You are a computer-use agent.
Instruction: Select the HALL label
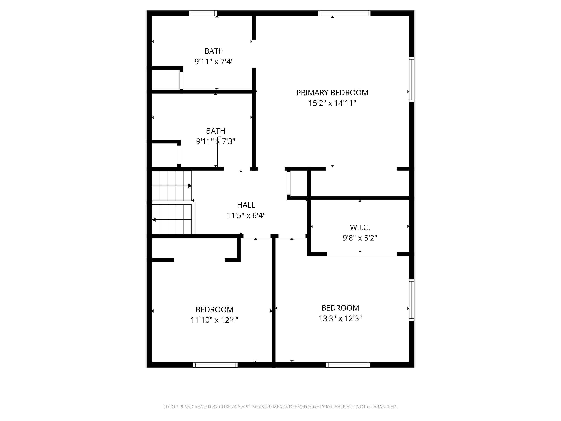click(246, 205)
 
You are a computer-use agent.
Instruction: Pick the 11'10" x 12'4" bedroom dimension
click(214, 320)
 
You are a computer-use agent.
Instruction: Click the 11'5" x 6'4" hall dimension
click(246, 215)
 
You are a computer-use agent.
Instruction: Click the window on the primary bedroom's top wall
click(344, 13)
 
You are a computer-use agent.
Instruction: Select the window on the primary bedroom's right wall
click(412, 80)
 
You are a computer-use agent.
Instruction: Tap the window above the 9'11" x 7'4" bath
click(203, 13)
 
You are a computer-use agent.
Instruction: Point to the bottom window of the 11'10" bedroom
click(215, 365)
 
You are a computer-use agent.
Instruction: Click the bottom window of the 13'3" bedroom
click(348, 365)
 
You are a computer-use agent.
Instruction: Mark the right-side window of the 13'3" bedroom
click(412, 300)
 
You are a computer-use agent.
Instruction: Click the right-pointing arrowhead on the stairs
click(190, 186)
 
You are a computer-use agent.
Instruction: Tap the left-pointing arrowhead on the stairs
click(154, 219)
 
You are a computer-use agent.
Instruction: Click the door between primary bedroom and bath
click(254, 54)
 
